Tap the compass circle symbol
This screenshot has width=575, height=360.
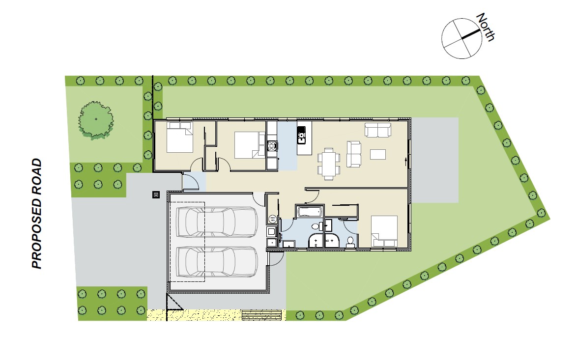[x=461, y=38]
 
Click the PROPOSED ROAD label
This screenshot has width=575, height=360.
[x=37, y=214]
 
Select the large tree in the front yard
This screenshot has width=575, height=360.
[x=96, y=120]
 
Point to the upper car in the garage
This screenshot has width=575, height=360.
[x=217, y=222]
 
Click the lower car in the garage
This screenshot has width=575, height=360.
[x=217, y=262]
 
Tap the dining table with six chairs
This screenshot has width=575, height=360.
[x=329, y=164]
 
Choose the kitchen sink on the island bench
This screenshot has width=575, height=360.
[x=301, y=135]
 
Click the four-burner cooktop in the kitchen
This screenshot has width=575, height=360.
[x=272, y=146]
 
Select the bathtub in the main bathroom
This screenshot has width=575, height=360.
[x=310, y=212]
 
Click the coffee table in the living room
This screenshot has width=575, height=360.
[x=378, y=154]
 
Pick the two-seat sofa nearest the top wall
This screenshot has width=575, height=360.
[x=378, y=130]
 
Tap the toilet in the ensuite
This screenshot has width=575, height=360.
[x=350, y=242]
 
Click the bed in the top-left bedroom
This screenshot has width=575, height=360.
[x=180, y=138]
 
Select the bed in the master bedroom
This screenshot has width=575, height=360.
[x=384, y=231]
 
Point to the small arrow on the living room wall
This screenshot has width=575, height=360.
[x=405, y=160]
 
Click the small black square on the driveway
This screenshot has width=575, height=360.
[x=156, y=195]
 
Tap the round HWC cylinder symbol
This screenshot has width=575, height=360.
[x=272, y=219]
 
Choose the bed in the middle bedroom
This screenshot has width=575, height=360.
[x=250, y=145]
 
